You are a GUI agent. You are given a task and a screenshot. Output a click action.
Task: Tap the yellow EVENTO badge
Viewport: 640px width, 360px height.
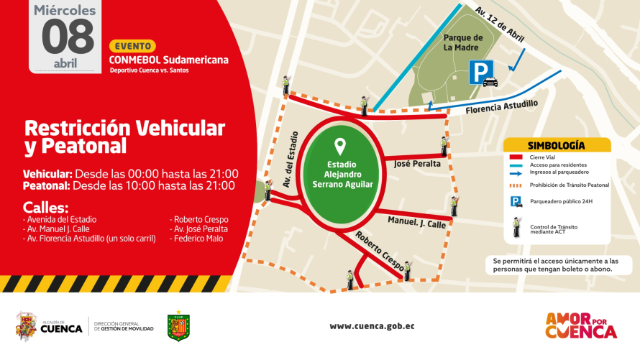[132, 46]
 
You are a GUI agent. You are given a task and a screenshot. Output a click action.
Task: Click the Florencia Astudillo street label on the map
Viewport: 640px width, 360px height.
[501, 108]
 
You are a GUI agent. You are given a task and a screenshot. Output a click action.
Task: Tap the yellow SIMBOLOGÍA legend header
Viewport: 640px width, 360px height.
[556, 145]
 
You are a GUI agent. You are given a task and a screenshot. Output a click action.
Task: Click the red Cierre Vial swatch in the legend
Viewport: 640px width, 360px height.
[516, 157]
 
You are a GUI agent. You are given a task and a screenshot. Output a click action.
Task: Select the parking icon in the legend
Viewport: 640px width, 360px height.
[516, 202]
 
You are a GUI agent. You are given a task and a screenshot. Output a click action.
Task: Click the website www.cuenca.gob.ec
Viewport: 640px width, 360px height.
[372, 326]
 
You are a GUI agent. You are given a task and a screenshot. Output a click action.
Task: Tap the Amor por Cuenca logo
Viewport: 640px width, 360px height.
[581, 326]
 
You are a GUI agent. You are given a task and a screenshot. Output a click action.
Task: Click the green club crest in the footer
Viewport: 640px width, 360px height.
[178, 326]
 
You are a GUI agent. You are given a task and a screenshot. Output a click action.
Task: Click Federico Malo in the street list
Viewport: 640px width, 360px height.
[197, 239]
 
